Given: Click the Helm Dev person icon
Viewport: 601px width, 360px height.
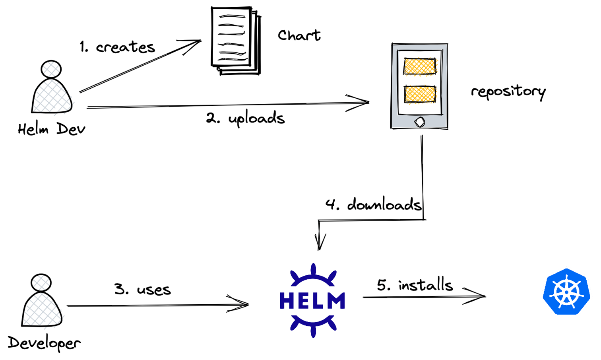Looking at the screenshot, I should click(x=52, y=88).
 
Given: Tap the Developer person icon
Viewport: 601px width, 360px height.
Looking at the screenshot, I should click(x=41, y=302).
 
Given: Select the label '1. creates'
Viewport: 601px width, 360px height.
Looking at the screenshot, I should click(x=117, y=47).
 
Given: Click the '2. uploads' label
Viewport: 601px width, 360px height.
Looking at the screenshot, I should click(x=245, y=119).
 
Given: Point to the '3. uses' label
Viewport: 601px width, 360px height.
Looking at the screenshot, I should click(x=142, y=289).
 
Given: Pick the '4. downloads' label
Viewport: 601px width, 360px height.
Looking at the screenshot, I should click(x=373, y=204).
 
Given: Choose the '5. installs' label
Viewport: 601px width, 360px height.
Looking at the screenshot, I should click(x=415, y=285).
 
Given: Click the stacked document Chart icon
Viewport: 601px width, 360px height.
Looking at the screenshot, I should click(x=236, y=41).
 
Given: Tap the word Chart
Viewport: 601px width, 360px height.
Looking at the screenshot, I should click(x=299, y=35).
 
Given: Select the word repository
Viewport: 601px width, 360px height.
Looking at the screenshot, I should click(x=508, y=92).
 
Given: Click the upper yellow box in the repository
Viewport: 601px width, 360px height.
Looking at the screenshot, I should click(x=420, y=66).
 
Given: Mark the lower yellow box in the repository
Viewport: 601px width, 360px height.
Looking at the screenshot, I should click(x=420, y=94).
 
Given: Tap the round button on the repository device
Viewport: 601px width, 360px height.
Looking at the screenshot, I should click(x=420, y=122).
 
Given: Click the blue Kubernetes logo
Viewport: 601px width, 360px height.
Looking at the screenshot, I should click(x=566, y=292).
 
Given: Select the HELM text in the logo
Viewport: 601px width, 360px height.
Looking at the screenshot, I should click(x=312, y=301).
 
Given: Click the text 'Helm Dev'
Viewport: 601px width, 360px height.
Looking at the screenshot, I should click(x=52, y=129).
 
